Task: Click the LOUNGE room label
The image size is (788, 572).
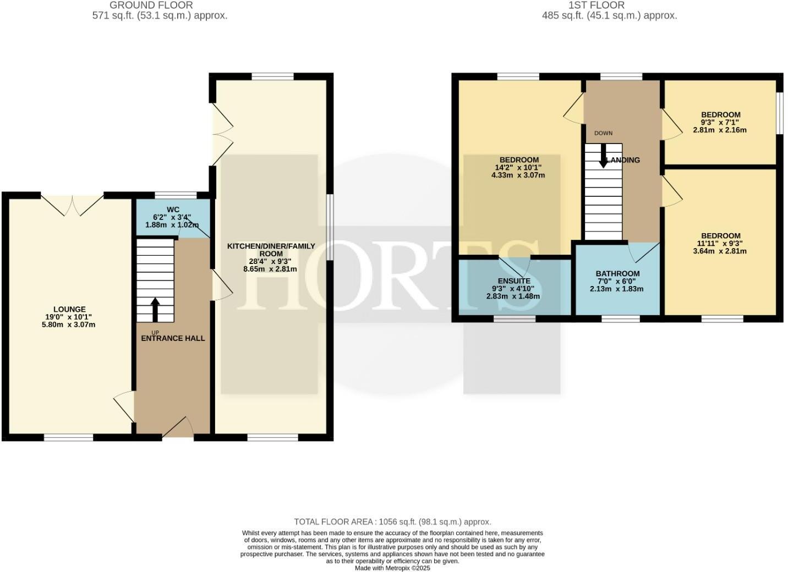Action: tap(69, 309)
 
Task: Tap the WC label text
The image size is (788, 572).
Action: tap(173, 210)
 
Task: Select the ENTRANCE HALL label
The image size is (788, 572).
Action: tap(173, 338)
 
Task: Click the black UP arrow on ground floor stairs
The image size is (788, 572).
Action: tap(155, 310)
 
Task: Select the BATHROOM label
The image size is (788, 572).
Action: tap(617, 273)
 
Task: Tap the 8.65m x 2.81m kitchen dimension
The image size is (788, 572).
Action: tap(271, 269)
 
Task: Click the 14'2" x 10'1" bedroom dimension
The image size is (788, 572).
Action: tap(518, 168)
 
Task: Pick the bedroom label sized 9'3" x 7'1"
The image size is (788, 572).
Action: tap(720, 115)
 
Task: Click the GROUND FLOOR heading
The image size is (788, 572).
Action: tap(151, 5)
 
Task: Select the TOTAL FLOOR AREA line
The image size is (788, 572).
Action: tap(392, 521)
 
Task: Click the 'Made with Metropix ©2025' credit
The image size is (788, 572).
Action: tap(392, 568)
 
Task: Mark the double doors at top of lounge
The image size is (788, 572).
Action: tap(72, 204)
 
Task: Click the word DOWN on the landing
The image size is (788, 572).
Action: tap(603, 133)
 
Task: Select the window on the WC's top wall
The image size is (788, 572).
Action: tap(176, 195)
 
